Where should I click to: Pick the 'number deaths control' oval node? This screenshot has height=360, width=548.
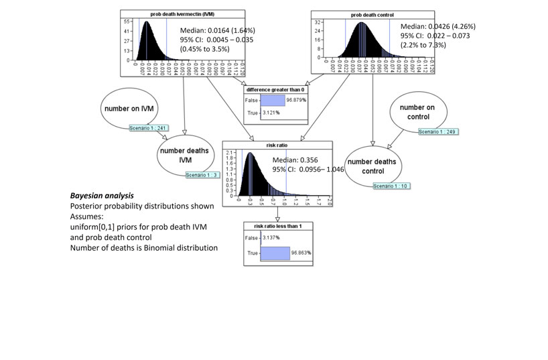click(x=372, y=166)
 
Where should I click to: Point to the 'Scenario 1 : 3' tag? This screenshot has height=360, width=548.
click(x=203, y=175)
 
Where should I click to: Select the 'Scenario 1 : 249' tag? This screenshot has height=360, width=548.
click(x=438, y=131)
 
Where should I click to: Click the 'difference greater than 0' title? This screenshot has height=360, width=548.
click(x=277, y=89)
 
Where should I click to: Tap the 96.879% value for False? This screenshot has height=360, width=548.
click(x=295, y=99)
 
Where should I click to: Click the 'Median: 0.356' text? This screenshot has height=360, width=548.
click(x=295, y=160)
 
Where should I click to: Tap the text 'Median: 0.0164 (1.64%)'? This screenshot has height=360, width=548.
click(x=217, y=30)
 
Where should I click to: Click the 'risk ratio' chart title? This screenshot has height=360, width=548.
click(x=277, y=144)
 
